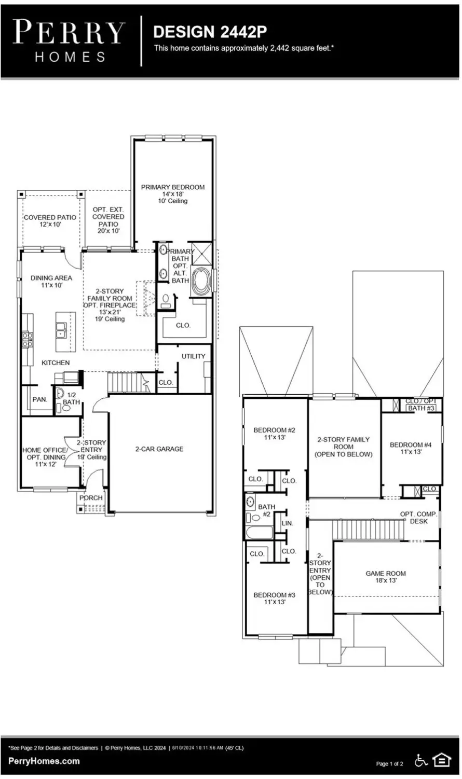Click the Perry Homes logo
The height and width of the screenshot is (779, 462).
pos(69,41)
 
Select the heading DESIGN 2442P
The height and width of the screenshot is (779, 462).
pos(210,32)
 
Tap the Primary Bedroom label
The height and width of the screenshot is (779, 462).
pos(173,193)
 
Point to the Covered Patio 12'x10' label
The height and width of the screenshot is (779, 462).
pos(50,221)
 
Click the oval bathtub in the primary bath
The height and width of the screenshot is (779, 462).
pos(201,282)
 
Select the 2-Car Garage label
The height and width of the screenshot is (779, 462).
pos(159,449)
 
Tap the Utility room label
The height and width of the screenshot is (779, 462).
pos(193,356)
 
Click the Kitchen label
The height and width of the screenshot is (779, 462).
pos(56,363)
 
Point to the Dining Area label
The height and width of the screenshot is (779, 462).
pos(51,282)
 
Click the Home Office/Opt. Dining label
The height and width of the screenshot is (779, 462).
pos(45,457)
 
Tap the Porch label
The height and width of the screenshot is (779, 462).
pos(91,498)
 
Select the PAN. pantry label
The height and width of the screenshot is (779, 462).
pos(40,400)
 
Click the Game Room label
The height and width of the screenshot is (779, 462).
pos(386,577)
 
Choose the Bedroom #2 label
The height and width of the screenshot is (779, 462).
pos(274,434)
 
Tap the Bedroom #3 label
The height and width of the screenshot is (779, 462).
pos(274,598)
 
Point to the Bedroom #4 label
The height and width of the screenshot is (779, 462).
pos(411,448)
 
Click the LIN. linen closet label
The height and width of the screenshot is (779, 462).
pos(287,523)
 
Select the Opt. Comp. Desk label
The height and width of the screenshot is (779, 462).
pos(418,518)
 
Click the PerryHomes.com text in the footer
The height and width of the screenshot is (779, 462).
pos(44,761)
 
